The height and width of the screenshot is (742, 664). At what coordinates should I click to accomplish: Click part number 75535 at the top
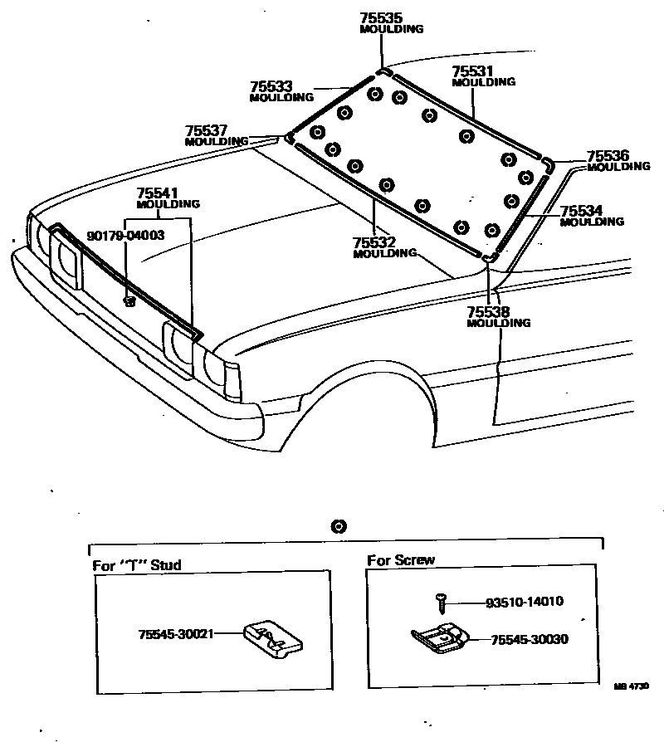point(379,17)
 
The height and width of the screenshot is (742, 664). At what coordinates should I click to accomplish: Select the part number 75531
point(472,71)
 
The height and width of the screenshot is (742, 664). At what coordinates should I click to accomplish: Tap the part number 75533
point(269,86)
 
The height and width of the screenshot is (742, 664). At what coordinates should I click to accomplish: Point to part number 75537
point(205,131)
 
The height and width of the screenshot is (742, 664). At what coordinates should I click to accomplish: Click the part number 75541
point(158,193)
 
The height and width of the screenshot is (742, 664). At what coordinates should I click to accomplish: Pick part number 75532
point(373,242)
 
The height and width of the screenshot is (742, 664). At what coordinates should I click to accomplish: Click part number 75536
point(608,156)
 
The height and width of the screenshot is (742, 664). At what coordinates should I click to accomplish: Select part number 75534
point(581,211)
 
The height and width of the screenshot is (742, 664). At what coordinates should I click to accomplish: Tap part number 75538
point(488,312)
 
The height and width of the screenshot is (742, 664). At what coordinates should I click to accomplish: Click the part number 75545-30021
point(176,633)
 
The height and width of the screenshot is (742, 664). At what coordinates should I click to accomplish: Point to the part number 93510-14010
point(525,602)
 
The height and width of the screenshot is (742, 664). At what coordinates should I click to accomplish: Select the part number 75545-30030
point(530,640)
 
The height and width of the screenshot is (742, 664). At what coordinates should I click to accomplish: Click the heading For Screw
point(401,560)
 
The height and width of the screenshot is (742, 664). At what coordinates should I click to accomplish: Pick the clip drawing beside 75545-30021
point(271,638)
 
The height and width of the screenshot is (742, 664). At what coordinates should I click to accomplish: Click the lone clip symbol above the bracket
point(338,526)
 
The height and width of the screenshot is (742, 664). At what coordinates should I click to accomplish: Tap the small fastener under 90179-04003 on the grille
point(129,300)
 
